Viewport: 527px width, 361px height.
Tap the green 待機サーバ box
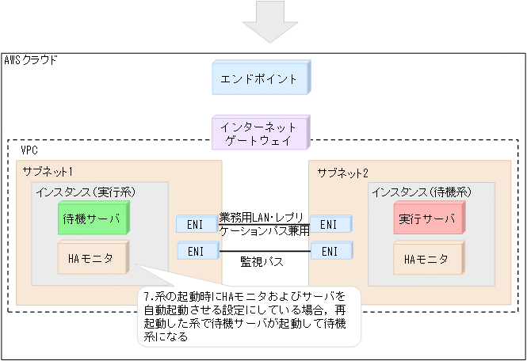pos(94,218)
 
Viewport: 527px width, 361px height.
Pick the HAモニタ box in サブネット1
pos(93,258)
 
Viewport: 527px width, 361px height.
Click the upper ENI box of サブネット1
pos(195,225)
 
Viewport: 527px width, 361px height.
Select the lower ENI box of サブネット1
pos(195,252)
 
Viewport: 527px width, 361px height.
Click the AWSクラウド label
pos(31,60)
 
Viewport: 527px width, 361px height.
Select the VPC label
pos(29,149)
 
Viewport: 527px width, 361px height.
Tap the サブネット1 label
pos(48,172)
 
